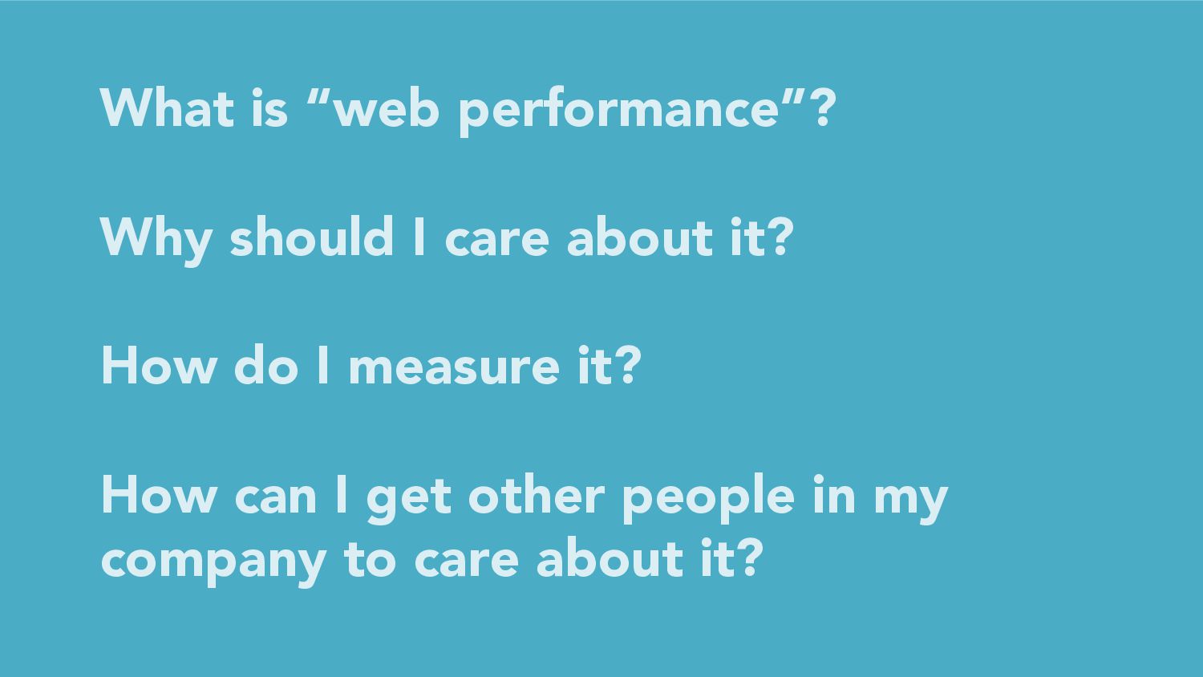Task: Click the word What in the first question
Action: point(167,107)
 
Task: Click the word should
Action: point(312,237)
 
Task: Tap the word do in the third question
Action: point(265,365)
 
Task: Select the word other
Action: point(537,494)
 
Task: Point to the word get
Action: point(409,500)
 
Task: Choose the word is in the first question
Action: point(269,107)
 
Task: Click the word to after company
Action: point(370,561)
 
